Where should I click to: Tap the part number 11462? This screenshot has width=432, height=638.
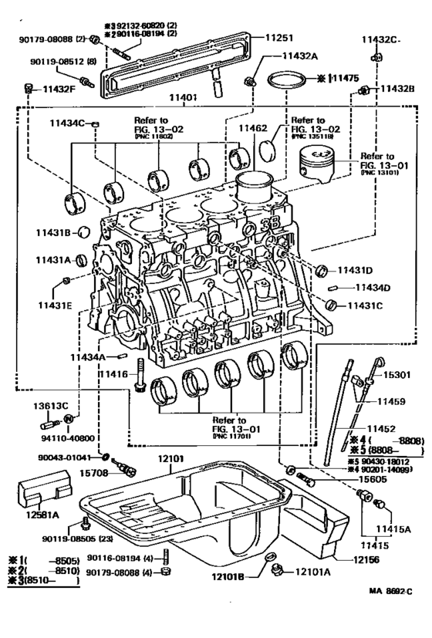click(x=252, y=129)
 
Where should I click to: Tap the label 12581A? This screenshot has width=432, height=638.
click(x=44, y=515)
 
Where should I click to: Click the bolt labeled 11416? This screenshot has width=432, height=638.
click(x=140, y=375)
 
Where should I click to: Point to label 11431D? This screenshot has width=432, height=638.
click(x=354, y=270)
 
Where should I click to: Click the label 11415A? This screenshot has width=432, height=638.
click(x=393, y=529)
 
